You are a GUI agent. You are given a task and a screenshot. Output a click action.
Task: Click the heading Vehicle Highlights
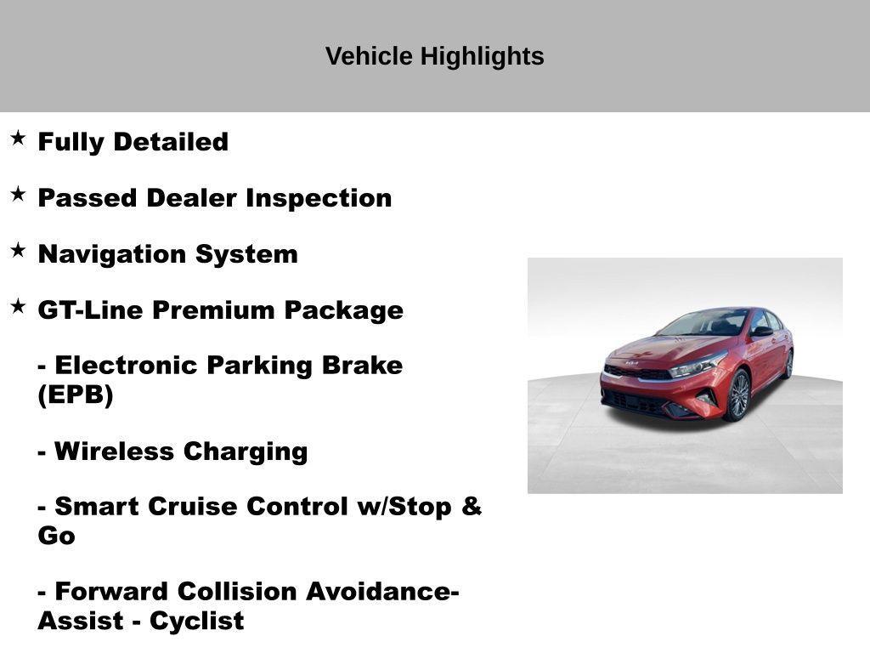[434, 56]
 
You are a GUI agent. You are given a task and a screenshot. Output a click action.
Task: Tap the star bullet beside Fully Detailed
[18, 138]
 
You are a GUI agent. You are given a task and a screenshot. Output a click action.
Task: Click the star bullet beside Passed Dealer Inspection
[18, 194]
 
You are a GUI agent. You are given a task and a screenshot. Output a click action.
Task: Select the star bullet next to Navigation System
[18, 250]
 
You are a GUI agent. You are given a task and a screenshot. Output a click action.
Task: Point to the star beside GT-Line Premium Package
[18, 306]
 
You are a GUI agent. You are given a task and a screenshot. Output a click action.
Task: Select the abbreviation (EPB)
[75, 395]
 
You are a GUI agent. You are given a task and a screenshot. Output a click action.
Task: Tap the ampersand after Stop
[472, 507]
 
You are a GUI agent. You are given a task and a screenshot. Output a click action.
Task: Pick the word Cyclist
[196, 622]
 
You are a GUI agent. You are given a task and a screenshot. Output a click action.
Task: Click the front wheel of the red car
[737, 395]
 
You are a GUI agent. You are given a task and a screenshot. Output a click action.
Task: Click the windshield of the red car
[703, 324]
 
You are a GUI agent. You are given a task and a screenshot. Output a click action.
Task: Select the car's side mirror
[760, 332]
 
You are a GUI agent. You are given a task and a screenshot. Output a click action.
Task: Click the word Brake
[358, 366]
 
